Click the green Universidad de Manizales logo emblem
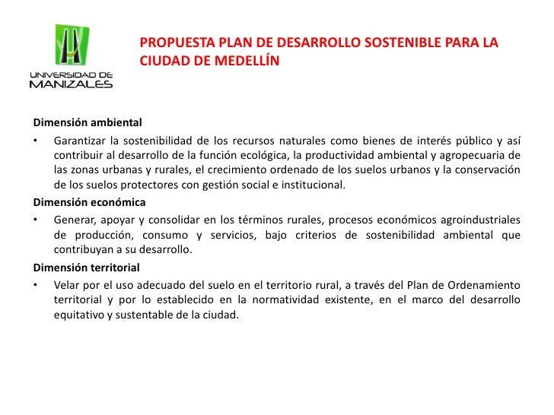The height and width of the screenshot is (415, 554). point(71,46)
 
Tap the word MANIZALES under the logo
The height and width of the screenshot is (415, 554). point(71,84)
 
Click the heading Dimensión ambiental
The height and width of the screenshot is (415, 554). point(87,122)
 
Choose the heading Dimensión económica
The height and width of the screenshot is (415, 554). point(88,203)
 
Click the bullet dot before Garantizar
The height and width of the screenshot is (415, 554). point(35,139)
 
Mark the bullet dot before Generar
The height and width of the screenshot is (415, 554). point(35,220)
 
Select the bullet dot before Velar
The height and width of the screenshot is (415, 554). point(35,285)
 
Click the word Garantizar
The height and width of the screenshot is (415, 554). point(78,139)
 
